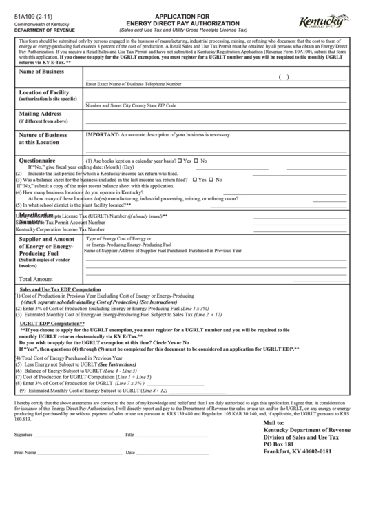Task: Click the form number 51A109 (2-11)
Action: (32, 15)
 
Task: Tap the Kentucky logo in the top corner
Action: (324, 22)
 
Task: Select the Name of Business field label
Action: (41, 72)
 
